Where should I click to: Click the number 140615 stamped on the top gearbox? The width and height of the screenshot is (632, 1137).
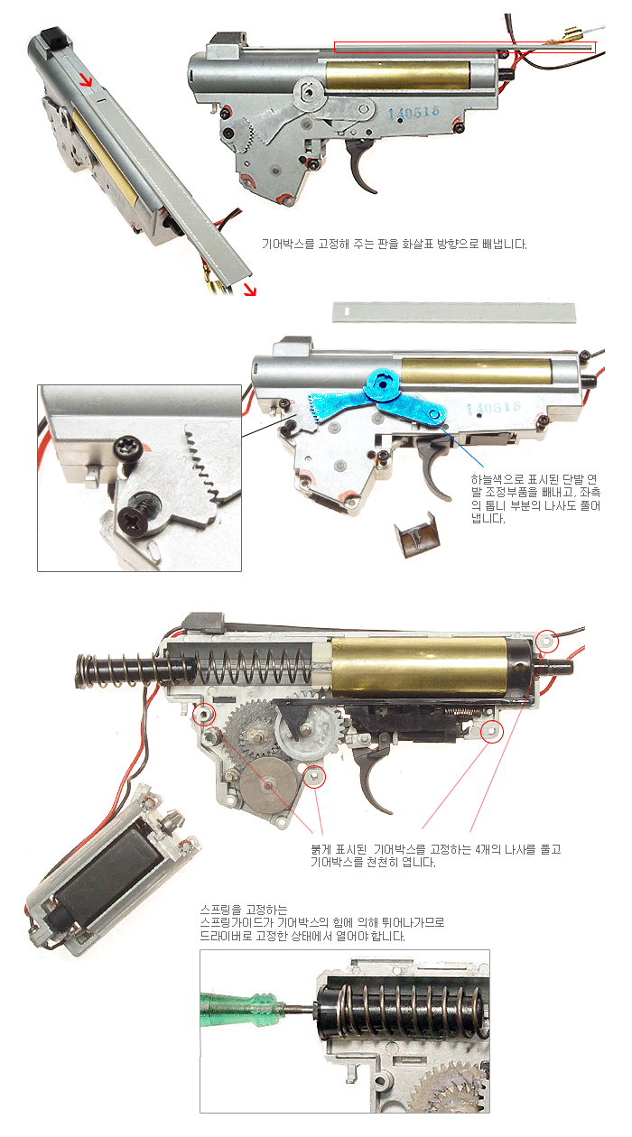pyautogui.click(x=414, y=112)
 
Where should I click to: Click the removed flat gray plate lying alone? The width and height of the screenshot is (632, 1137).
pyautogui.click(x=454, y=311)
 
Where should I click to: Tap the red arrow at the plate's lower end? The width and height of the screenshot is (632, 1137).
pyautogui.click(x=250, y=290)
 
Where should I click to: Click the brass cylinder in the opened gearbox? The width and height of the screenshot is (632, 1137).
pyautogui.click(x=420, y=668)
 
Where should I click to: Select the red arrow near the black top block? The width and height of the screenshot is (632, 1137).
pyautogui.click(x=86, y=79)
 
